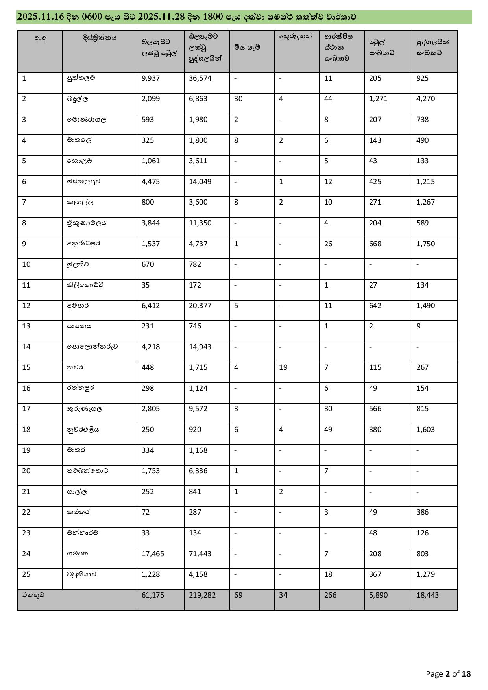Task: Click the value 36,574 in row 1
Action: pos(200,78)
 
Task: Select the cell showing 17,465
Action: pos(153,554)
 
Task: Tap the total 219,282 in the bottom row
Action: pos(202,595)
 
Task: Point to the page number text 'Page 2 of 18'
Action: pos(448,674)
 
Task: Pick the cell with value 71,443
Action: pos(200,554)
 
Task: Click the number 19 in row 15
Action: pos(283,367)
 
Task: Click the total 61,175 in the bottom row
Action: pos(153,595)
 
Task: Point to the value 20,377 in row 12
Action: pos(200,306)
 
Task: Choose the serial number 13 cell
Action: pos(26,326)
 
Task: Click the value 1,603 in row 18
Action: pos(425,430)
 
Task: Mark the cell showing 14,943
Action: pos(200,347)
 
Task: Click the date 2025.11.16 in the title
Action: pos(40,17)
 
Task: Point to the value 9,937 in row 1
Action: pos(151,78)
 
